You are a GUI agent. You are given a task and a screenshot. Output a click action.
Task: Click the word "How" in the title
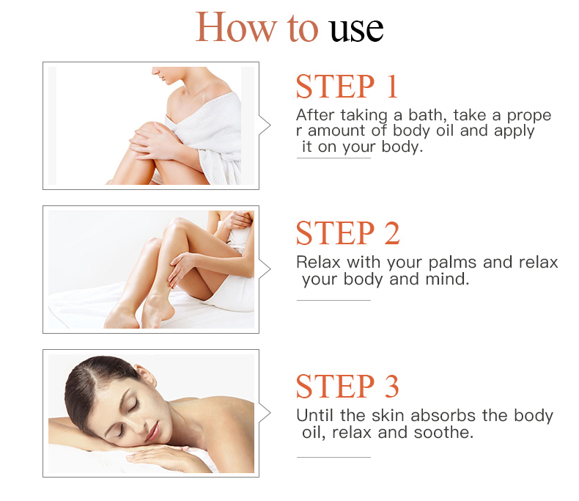[x=236, y=27]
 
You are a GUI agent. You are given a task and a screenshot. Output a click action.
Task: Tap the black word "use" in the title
[x=356, y=29]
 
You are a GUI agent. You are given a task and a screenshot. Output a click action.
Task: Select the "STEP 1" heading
[x=347, y=87]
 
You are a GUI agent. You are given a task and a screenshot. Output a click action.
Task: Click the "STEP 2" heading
[x=348, y=233]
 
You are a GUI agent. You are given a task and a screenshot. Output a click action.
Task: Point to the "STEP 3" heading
[x=347, y=386]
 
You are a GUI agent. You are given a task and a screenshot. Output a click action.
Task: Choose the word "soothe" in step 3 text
[x=443, y=432]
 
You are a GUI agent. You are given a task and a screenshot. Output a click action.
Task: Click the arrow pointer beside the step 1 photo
[x=265, y=125]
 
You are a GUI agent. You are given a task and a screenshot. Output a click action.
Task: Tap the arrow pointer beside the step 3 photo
[x=265, y=413]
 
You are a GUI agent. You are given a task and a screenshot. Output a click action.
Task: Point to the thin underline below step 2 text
[x=333, y=300]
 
